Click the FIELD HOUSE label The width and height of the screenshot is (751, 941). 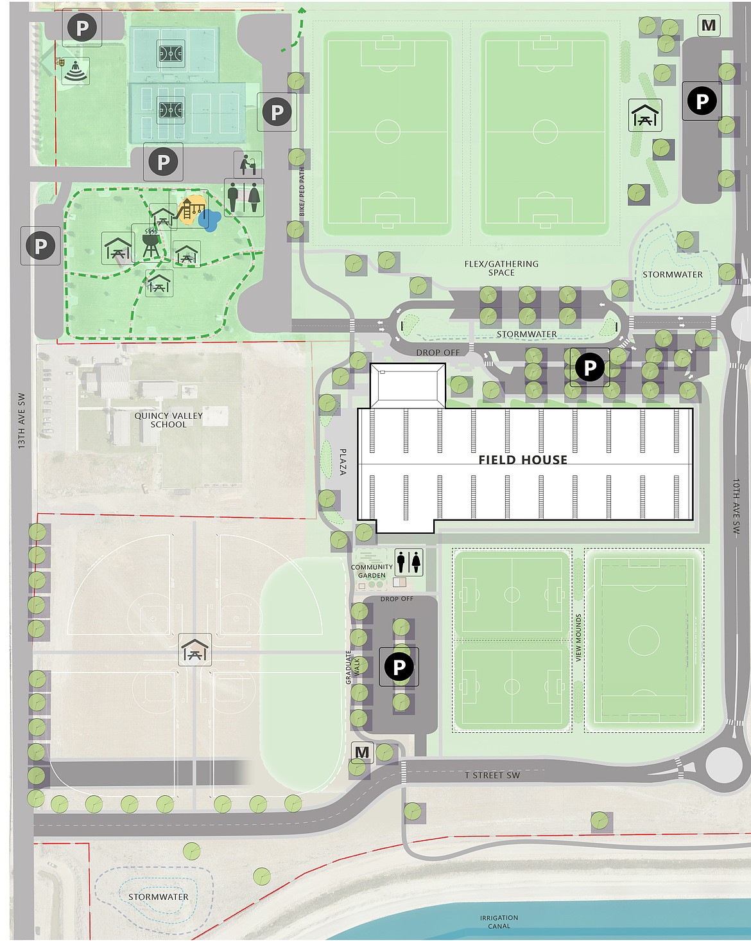(x=522, y=460)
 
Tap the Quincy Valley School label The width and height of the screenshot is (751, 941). (x=168, y=420)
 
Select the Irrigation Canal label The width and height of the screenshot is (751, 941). (x=499, y=922)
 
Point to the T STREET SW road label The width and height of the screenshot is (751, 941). (x=492, y=775)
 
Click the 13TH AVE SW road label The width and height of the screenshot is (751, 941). (x=21, y=421)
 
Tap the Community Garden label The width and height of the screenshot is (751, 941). (x=372, y=571)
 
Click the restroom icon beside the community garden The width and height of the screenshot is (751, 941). (x=408, y=562)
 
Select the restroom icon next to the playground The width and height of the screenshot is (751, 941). (x=244, y=197)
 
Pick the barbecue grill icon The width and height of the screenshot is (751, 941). (x=150, y=242)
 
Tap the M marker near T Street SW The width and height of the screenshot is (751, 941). (x=362, y=753)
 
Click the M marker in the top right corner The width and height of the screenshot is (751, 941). (x=709, y=26)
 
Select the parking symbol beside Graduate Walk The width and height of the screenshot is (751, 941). (x=399, y=667)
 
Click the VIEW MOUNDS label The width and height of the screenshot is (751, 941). (x=578, y=638)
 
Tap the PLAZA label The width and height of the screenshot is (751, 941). (x=343, y=462)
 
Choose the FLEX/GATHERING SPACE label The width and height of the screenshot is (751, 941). (x=501, y=268)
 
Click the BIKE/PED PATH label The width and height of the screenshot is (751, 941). (x=302, y=192)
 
